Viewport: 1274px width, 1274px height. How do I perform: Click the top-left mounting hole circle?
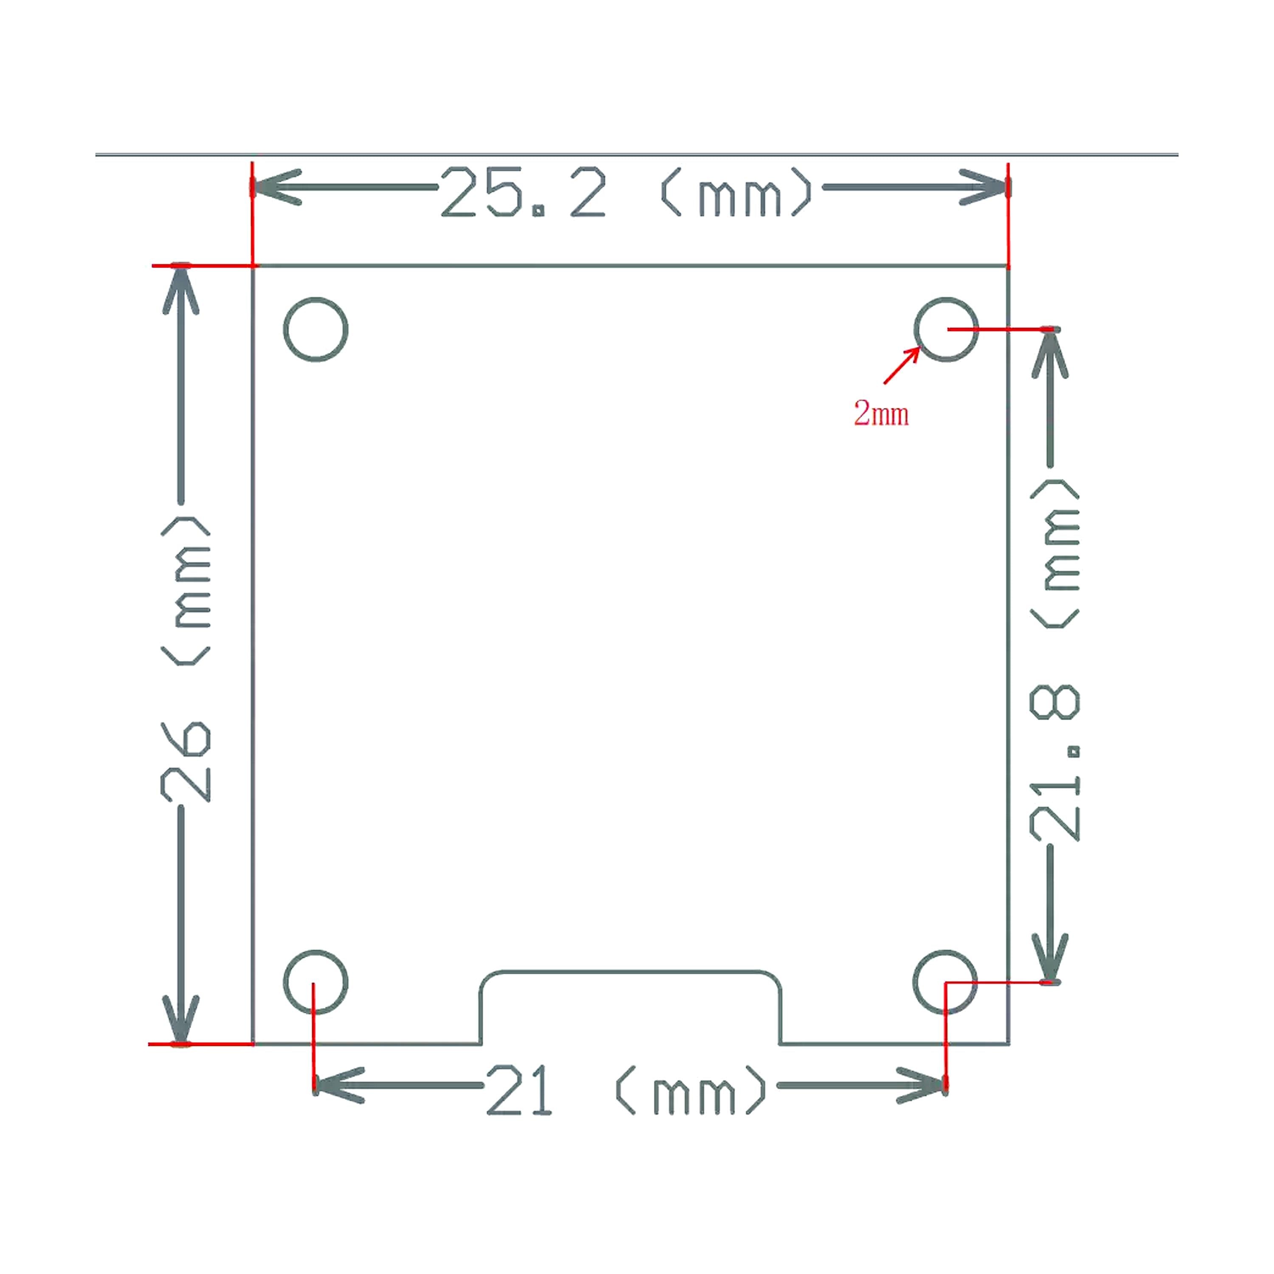pos(316,329)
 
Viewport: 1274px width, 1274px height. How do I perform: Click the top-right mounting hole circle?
pos(946,329)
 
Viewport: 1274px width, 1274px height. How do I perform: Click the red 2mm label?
pos(881,414)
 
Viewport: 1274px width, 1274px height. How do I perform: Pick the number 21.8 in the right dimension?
pos(1054,763)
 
